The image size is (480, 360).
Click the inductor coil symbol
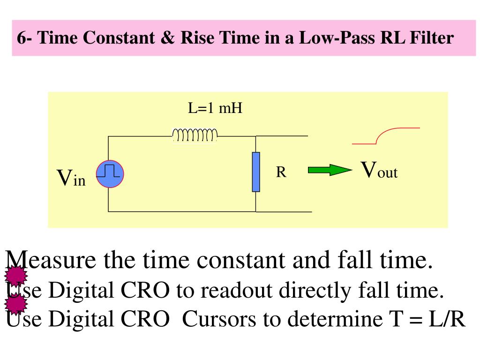195,135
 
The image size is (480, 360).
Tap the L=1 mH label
215,109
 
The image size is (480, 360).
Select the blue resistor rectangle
256,172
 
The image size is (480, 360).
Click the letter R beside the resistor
281,172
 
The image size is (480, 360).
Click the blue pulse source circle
110,174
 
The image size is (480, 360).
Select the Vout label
379,171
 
